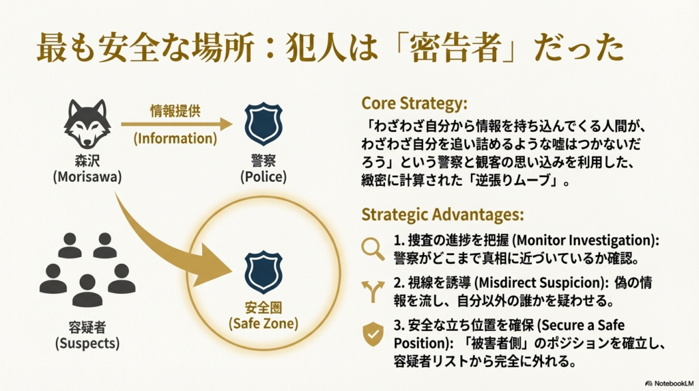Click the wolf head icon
(87, 124)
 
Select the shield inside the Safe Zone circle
(263, 272)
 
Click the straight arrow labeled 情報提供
(176, 124)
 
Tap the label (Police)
(263, 176)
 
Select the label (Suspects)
(87, 342)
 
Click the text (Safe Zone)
(263, 323)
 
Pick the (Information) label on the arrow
(175, 138)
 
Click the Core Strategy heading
(414, 103)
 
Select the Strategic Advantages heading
(442, 214)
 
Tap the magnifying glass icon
(373, 249)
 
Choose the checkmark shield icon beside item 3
(373, 334)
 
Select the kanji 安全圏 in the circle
(263, 308)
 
